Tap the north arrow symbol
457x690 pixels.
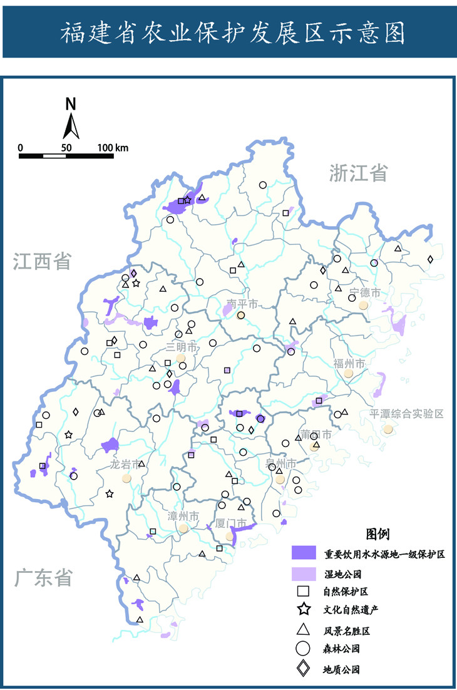pyautogui.click(x=71, y=119)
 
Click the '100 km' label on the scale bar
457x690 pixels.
pyautogui.click(x=113, y=148)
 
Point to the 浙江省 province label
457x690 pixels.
pyautogui.click(x=359, y=172)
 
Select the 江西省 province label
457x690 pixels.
pyautogui.click(x=43, y=262)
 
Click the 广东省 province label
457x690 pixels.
pyautogui.click(x=43, y=577)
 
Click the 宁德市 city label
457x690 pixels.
pyautogui.click(x=364, y=292)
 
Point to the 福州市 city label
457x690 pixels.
pyautogui.click(x=349, y=363)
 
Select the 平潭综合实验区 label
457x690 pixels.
pyautogui.click(x=406, y=414)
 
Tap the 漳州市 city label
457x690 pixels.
pyautogui.click(x=183, y=517)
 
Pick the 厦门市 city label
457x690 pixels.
pyautogui.click(x=230, y=522)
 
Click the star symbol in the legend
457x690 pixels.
pyautogui.click(x=304, y=609)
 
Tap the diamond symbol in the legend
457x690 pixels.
pyautogui.click(x=304, y=669)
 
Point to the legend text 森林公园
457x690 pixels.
pyautogui.click(x=341, y=649)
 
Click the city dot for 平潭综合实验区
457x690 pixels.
pyautogui.click(x=389, y=430)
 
